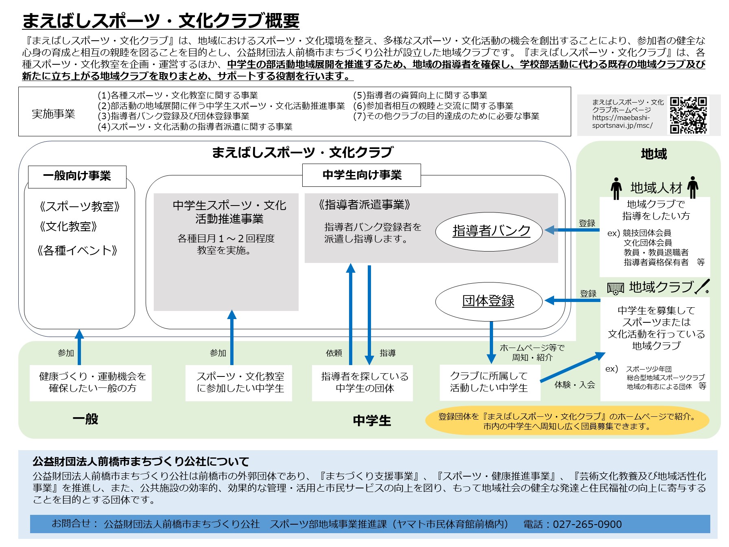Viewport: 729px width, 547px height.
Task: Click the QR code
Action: coord(688,115)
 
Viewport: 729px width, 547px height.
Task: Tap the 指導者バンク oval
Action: coord(489,231)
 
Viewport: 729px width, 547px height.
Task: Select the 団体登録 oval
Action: coord(489,301)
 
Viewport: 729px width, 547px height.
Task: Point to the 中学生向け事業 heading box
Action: coord(362,175)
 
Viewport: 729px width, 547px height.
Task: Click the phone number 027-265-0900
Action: coord(587,524)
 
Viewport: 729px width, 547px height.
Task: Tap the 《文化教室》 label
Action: coord(68,226)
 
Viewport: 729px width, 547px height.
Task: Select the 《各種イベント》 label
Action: coord(77,250)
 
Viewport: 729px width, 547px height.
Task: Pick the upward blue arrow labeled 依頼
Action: coord(351,314)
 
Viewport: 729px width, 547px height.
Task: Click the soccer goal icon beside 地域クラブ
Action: coord(616,288)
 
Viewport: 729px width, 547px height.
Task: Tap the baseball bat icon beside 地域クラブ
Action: coord(703,287)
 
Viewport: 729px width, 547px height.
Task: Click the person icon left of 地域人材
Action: coord(616,188)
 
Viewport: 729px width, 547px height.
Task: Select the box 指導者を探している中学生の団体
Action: coord(362,383)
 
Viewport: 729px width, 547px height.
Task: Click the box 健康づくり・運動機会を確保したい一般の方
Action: coord(91,383)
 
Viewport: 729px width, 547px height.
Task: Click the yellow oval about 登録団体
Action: coord(567,421)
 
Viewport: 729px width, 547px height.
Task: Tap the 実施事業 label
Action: coord(53,114)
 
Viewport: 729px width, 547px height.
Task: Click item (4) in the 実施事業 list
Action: coord(195,127)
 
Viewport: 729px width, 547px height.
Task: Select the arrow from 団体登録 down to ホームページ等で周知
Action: coord(491,342)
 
